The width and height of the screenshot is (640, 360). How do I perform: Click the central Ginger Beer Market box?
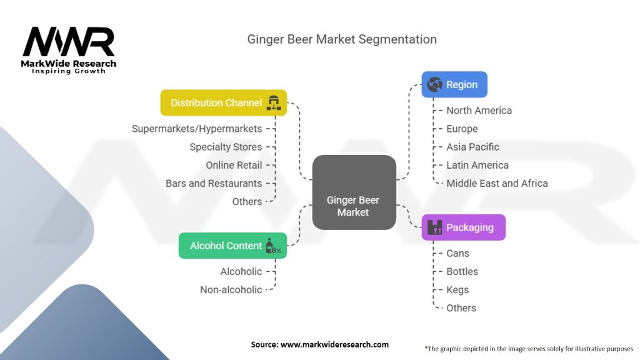(354, 191)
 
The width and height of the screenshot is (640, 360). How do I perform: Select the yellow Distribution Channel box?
(223, 102)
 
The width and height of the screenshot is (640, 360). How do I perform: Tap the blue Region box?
(454, 84)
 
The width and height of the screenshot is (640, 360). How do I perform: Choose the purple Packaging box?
(462, 227)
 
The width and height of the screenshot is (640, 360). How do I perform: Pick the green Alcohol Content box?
(232, 246)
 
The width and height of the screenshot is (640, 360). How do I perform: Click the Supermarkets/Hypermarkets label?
(197, 129)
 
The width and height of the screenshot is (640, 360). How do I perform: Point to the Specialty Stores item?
(226, 147)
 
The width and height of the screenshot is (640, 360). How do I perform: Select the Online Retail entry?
(234, 165)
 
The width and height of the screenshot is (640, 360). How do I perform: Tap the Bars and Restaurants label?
(214, 183)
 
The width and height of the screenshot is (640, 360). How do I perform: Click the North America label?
(479, 111)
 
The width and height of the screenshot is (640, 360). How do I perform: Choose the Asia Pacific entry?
(472, 147)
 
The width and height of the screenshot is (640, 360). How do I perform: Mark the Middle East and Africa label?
(497, 183)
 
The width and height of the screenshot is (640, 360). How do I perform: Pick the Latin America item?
(477, 165)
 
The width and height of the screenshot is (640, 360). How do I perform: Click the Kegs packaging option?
(457, 289)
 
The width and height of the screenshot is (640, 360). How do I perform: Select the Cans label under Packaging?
(457, 253)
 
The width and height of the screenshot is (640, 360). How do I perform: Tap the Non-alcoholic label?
(231, 289)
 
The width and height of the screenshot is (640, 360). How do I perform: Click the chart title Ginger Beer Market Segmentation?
(342, 39)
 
